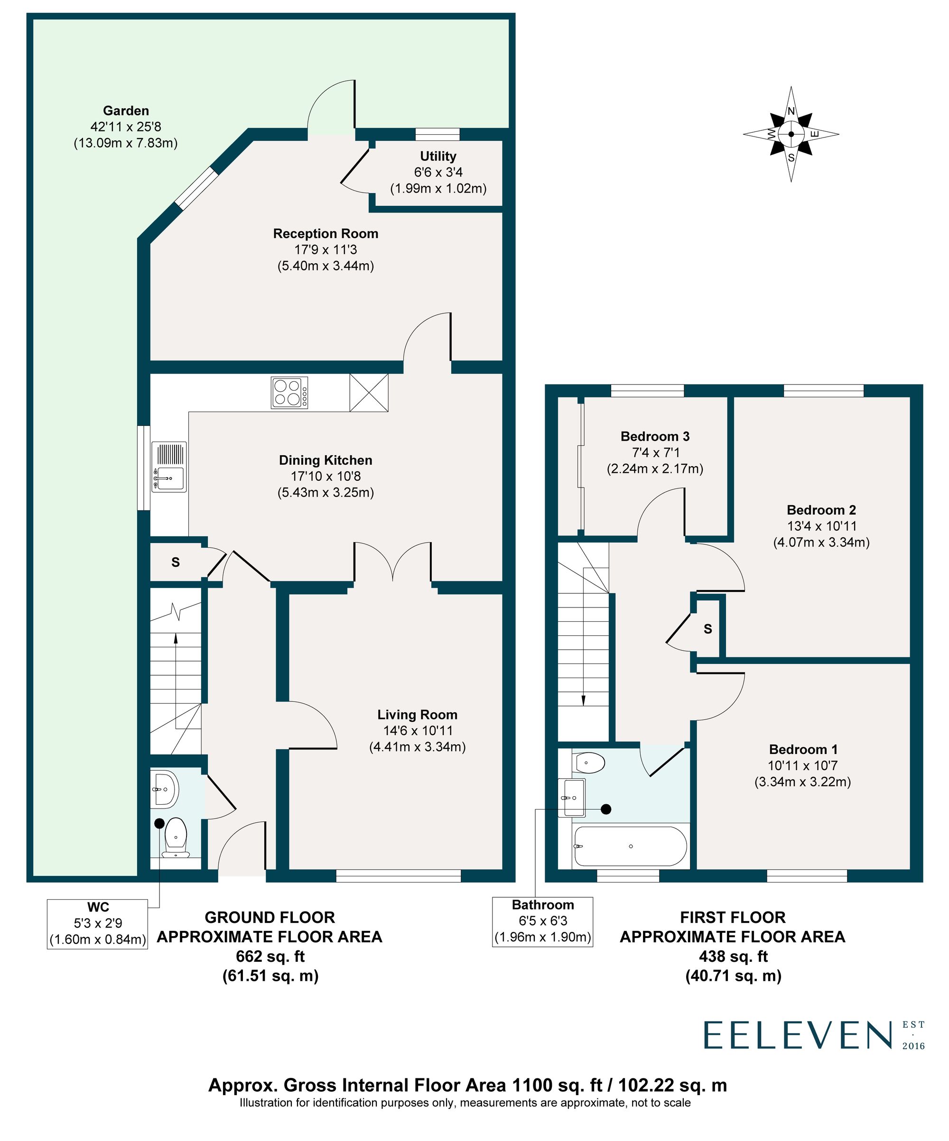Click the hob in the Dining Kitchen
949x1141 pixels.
click(289, 392)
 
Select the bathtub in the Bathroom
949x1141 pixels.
click(630, 847)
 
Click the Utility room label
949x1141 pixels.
click(437, 156)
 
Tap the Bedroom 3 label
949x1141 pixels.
click(654, 436)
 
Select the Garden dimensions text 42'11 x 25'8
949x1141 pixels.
click(126, 127)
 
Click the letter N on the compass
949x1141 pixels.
click(791, 111)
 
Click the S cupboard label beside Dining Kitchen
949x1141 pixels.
click(175, 562)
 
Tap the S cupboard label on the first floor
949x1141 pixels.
click(707, 629)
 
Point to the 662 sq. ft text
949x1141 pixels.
click(270, 956)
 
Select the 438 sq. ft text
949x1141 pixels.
click(733, 956)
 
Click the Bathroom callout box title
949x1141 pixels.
click(542, 905)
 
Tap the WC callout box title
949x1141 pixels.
click(98, 907)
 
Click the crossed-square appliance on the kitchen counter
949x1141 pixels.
click(369, 392)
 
